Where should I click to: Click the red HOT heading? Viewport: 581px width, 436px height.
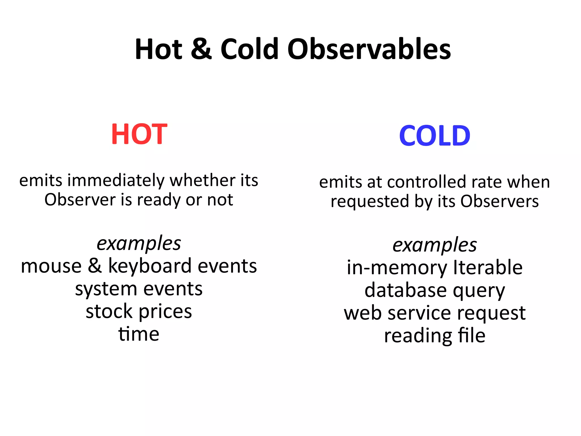point(139,134)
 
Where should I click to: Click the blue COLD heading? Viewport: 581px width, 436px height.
point(435,136)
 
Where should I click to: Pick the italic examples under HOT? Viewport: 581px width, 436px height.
point(139,244)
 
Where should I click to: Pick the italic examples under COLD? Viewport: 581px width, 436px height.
point(435,245)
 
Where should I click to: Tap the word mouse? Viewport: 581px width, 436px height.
point(51,267)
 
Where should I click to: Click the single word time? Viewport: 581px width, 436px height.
point(139,334)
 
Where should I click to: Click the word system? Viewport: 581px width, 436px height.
point(106,289)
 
